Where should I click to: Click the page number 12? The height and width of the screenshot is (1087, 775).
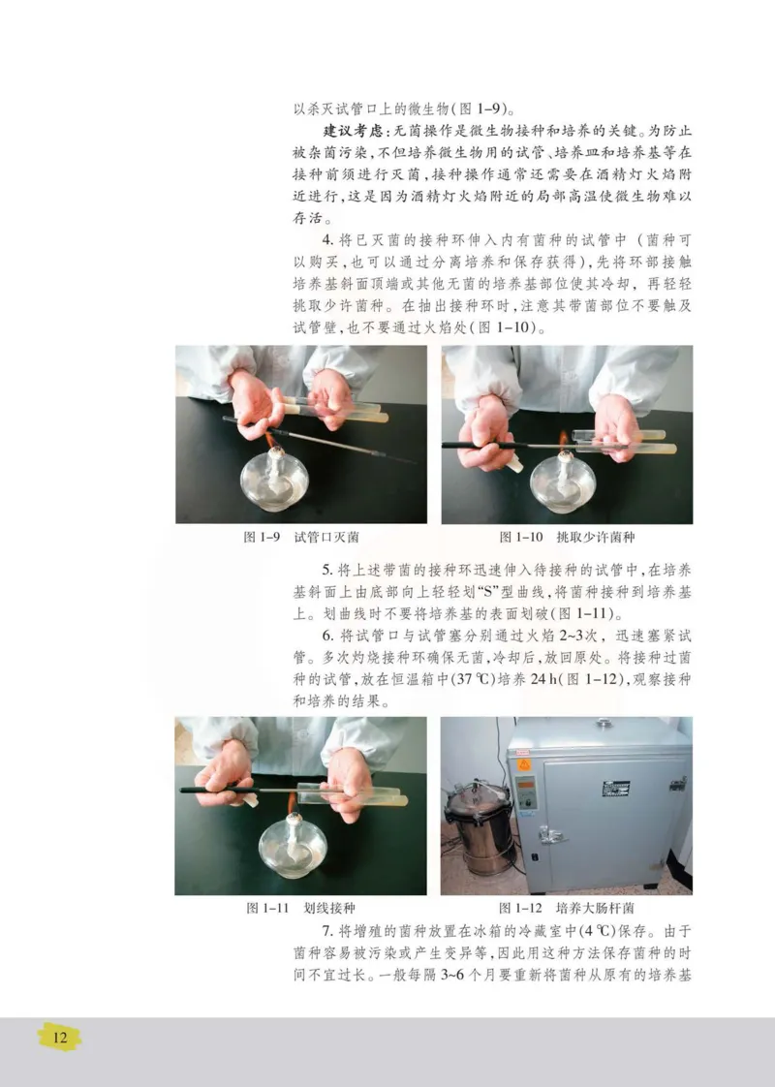pyautogui.click(x=59, y=1037)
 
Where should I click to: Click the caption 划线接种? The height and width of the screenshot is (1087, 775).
pyautogui.click(x=328, y=908)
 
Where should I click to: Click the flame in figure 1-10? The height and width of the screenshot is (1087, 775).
pyautogui.click(x=562, y=442)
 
